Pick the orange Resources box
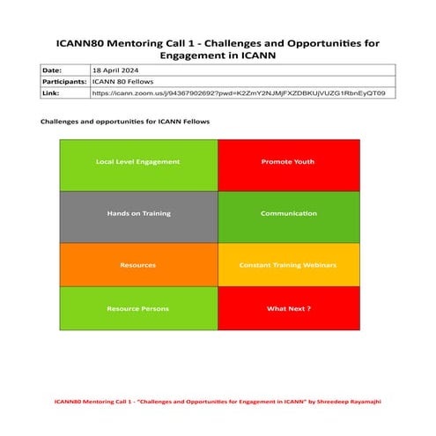(138, 264)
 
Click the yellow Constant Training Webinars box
(289, 264)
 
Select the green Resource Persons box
(138, 308)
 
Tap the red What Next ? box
(289, 308)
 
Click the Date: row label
(52, 69)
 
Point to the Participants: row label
(64, 80)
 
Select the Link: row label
(50, 92)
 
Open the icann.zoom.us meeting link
(238, 92)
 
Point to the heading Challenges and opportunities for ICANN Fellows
(125, 121)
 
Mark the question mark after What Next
(309, 308)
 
